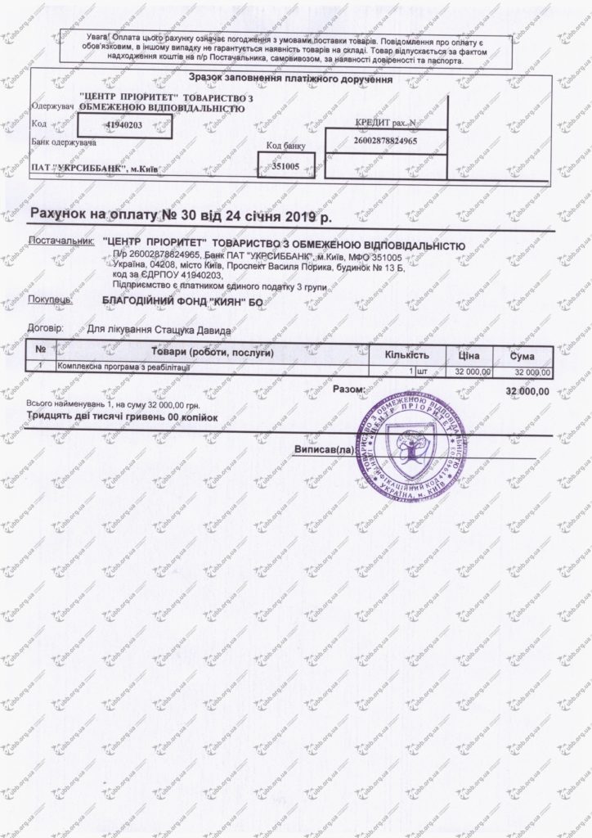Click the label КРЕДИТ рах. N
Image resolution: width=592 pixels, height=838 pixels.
(383, 122)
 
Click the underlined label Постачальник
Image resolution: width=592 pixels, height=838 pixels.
(61, 244)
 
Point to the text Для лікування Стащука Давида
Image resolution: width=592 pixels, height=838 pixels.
(159, 331)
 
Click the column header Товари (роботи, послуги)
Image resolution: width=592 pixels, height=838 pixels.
(212, 354)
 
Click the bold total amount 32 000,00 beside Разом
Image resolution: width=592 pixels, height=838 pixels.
(527, 392)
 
